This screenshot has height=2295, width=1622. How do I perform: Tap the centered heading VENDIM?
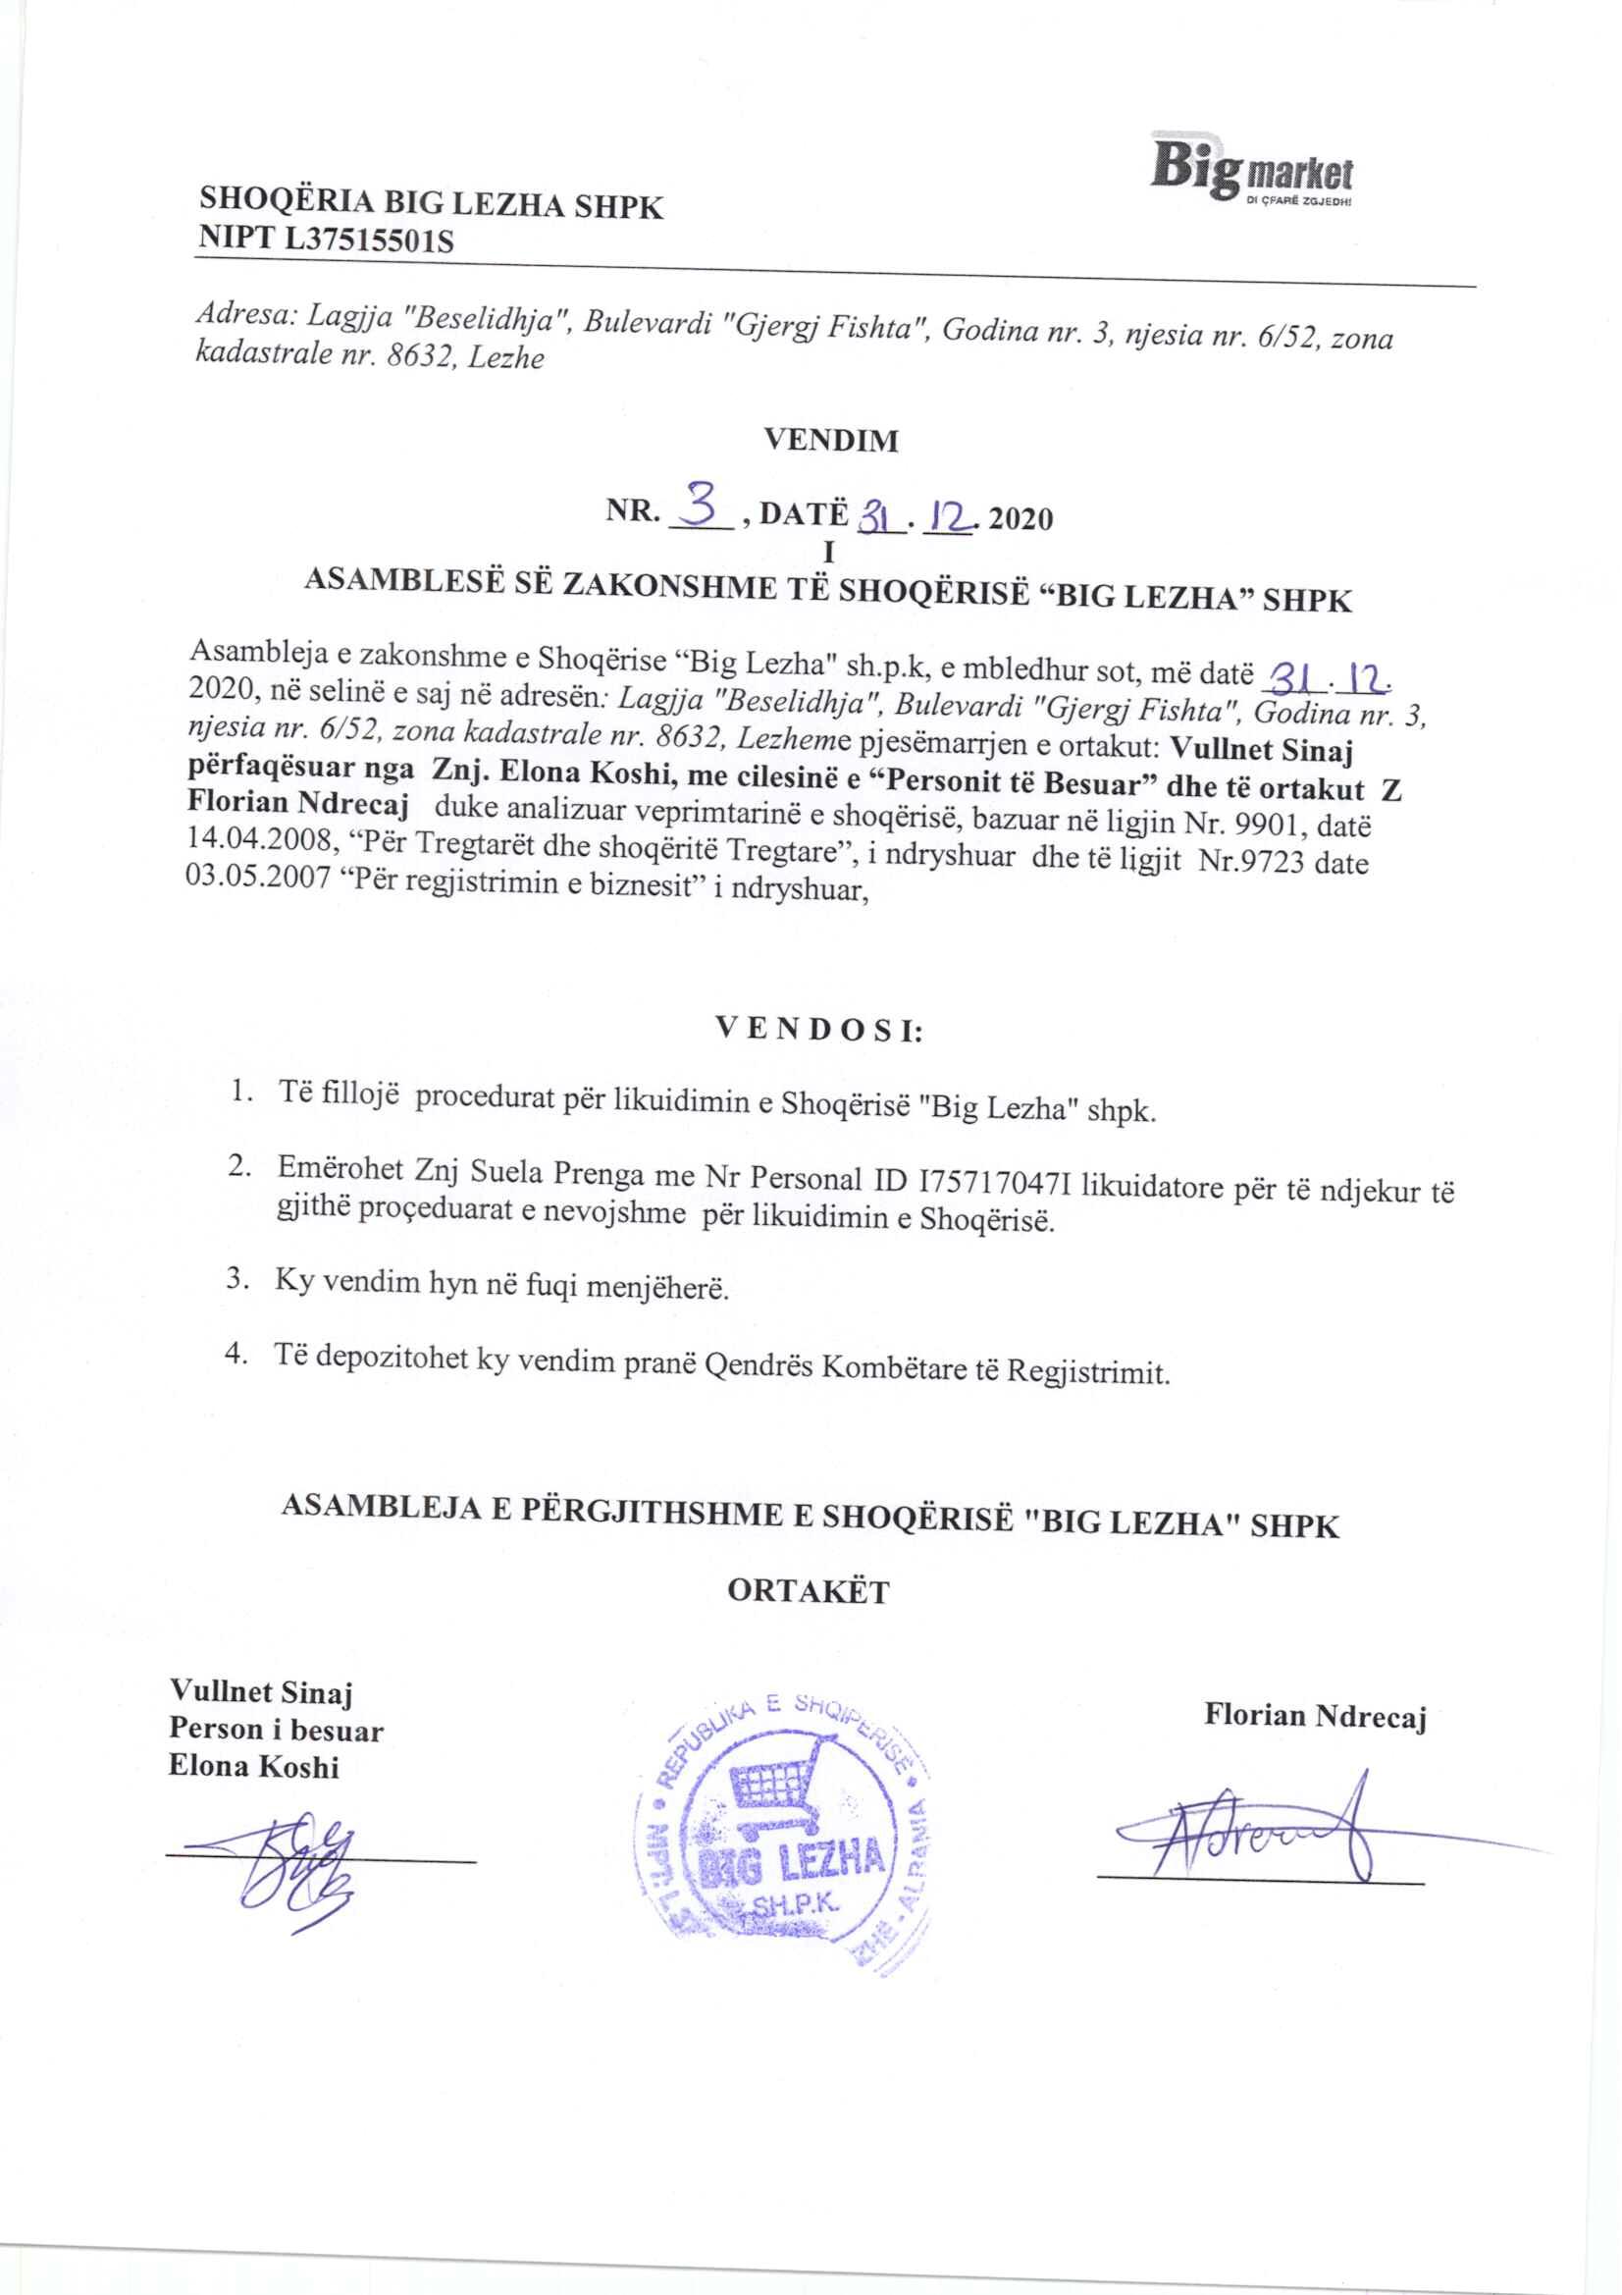(x=830, y=440)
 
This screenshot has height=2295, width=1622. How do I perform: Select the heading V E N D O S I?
(x=818, y=1031)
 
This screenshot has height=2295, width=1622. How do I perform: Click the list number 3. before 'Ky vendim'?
(x=236, y=1278)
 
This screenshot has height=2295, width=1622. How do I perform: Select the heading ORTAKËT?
(x=808, y=1592)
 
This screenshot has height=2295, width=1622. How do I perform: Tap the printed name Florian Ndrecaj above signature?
(x=1314, y=1716)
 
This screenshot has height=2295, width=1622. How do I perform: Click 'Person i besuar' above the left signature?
(x=276, y=1731)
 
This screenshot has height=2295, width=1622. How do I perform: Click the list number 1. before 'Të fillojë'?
(x=239, y=1092)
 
